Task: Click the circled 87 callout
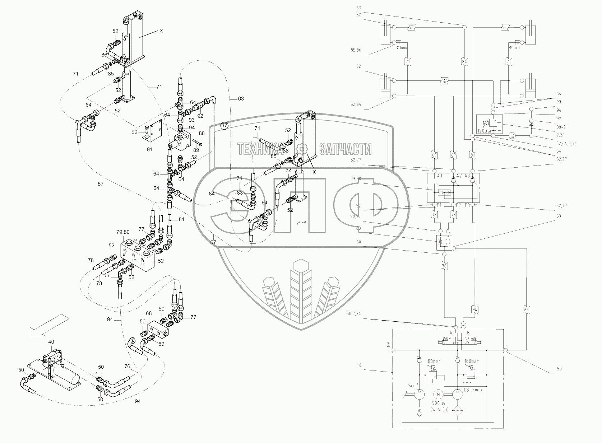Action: click(224, 125)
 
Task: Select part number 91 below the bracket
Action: click(149, 149)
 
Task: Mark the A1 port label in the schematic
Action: click(439, 176)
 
